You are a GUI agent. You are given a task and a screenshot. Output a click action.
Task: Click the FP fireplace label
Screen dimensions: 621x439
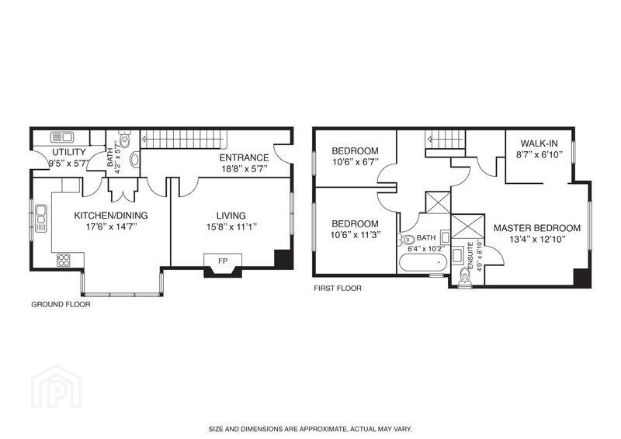coord(223,261)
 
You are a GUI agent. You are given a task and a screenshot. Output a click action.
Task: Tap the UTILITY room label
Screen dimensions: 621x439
coord(69,152)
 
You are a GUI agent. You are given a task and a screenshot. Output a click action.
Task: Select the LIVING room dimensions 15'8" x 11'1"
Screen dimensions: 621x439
coord(231,226)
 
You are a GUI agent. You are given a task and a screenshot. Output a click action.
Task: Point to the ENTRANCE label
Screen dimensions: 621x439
coord(244,157)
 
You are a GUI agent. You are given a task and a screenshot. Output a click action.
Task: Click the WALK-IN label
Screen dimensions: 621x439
coord(539,143)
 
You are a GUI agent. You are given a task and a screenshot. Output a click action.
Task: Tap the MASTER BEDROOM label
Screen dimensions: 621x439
coord(537,228)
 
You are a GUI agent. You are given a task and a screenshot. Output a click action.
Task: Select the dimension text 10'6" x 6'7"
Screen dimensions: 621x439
coord(356,162)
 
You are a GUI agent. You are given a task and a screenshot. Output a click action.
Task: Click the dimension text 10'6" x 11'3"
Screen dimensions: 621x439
coord(356,234)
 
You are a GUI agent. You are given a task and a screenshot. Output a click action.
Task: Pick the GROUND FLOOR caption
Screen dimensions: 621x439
coord(61,304)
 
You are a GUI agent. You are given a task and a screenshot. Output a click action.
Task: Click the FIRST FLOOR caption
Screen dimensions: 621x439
coord(338,289)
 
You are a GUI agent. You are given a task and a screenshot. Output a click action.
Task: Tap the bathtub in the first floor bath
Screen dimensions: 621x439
coord(423,263)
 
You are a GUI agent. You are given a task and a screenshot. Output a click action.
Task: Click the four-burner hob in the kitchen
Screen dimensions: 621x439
coord(64,260)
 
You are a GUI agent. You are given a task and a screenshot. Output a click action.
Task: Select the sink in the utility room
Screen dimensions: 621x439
coord(62,137)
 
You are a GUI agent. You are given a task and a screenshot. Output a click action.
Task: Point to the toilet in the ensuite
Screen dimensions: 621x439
coord(464,277)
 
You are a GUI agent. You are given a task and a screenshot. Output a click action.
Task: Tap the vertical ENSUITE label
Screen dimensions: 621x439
coord(470,256)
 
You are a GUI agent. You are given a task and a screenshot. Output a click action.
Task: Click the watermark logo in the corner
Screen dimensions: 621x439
coord(57,386)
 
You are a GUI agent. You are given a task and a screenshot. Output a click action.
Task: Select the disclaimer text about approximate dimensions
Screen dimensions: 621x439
coord(310,429)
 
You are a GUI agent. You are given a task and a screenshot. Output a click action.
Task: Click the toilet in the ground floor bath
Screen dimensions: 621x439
coord(125,140)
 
